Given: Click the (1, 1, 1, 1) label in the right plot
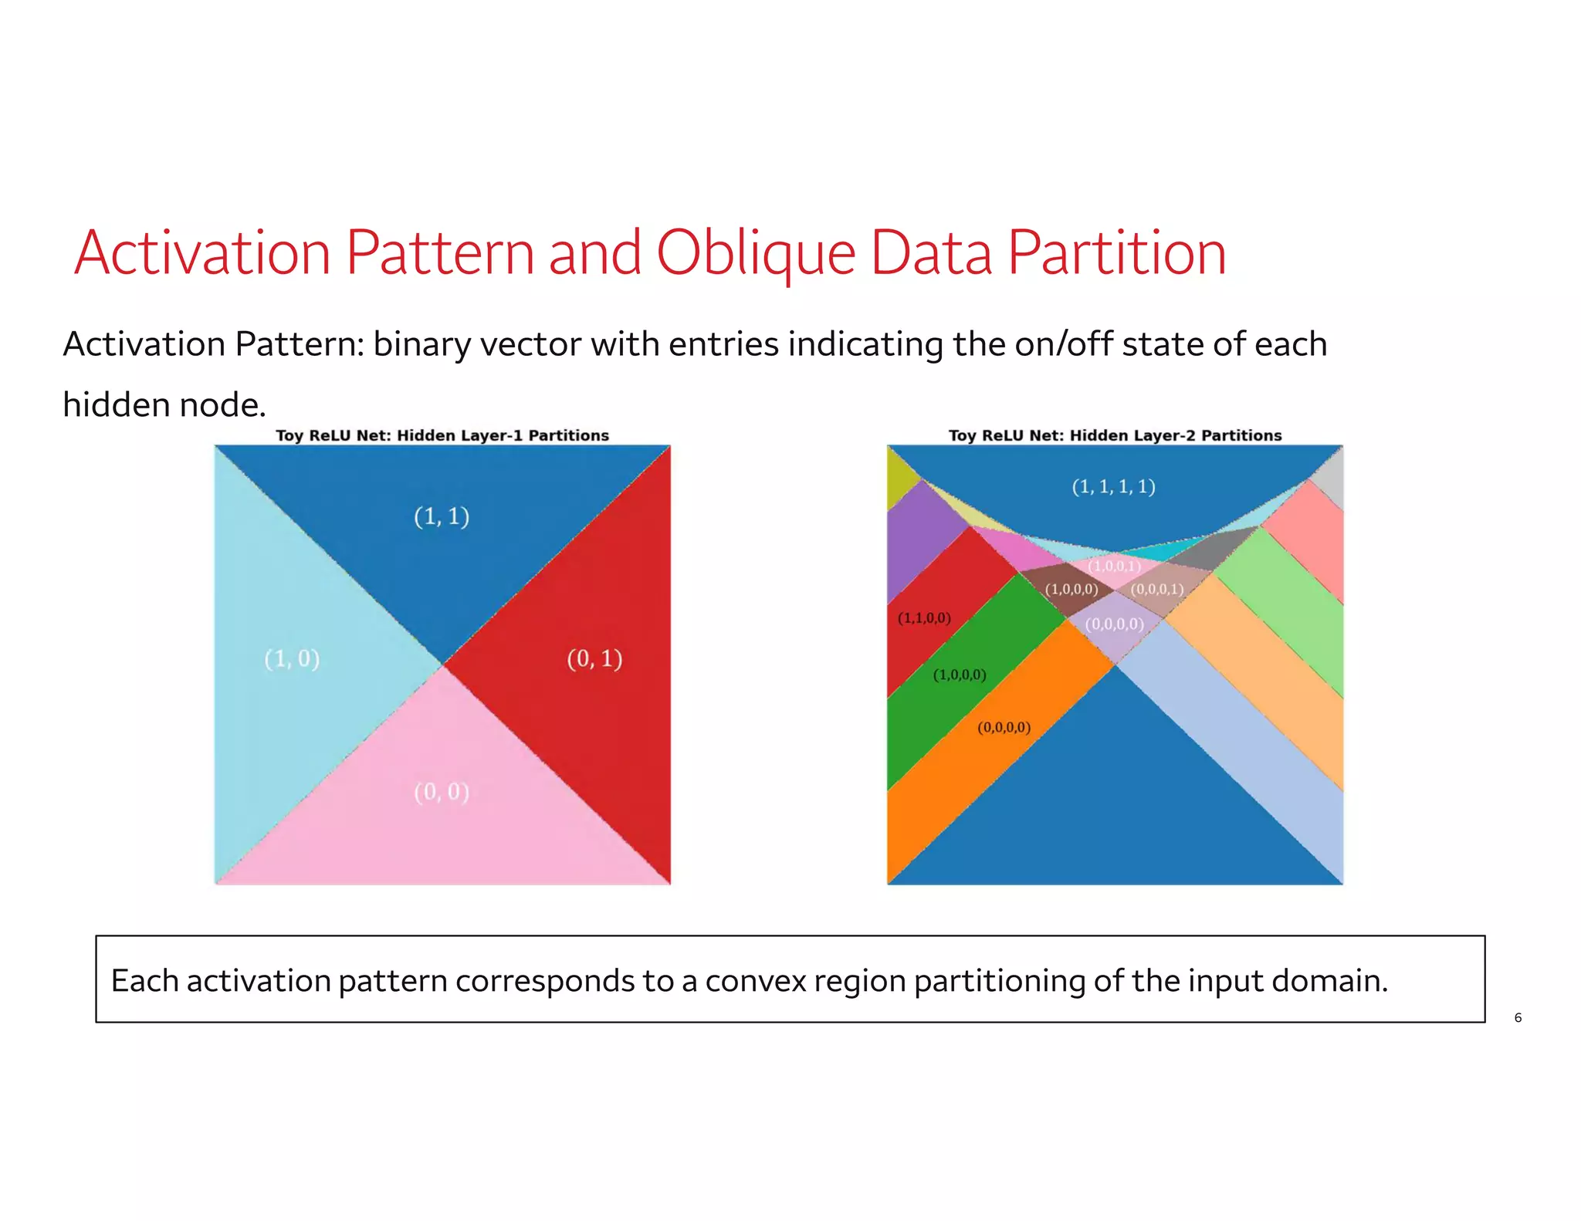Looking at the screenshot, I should (1113, 486).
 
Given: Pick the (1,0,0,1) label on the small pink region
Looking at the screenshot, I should (1114, 566).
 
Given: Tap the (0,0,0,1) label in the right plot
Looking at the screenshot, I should (1156, 589).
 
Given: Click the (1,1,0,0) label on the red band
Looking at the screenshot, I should (924, 617).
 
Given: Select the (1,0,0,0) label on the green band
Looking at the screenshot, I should (960, 675).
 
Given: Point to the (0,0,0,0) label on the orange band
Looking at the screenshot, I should (1004, 727).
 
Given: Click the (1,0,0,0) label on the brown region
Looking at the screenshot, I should (1071, 589).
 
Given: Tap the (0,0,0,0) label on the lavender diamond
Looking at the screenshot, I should (1114, 624).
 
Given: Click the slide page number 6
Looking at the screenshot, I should (1518, 1017).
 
